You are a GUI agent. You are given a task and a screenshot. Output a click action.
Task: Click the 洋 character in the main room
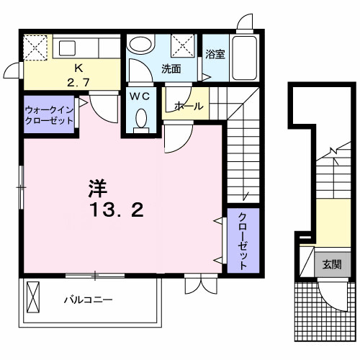pyautogui.click(x=98, y=189)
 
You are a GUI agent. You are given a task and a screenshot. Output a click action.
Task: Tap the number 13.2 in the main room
pyautogui.click(x=117, y=211)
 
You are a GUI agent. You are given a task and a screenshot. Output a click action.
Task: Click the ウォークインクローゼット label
pyautogui.click(x=49, y=115)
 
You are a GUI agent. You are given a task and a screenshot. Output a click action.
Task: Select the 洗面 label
pyautogui.click(x=171, y=69)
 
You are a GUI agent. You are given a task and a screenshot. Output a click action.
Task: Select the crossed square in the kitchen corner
pyautogui.click(x=35, y=48)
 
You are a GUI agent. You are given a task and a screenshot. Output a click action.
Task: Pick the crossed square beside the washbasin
pyautogui.click(x=184, y=45)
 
